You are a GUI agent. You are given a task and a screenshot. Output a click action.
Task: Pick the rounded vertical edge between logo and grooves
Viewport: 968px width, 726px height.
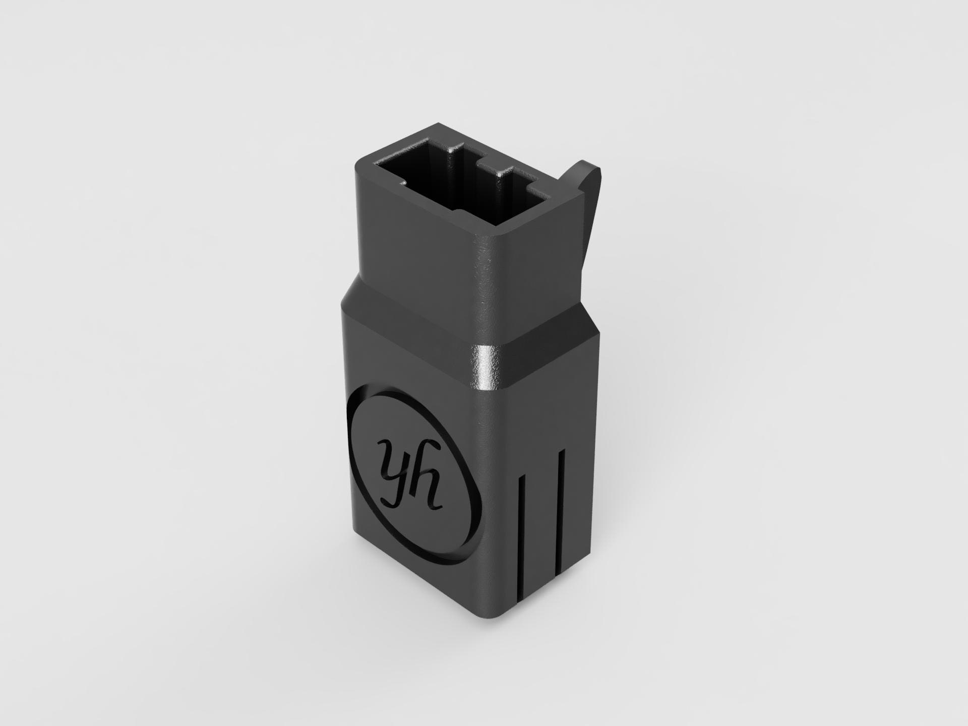[x=486, y=504]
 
